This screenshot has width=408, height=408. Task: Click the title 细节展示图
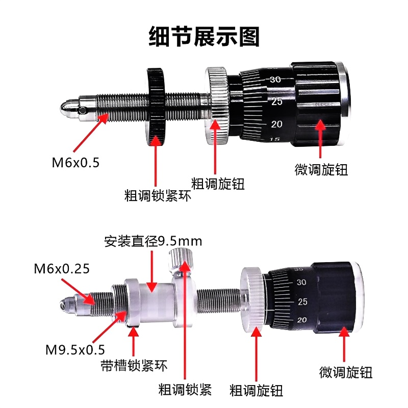[204, 37]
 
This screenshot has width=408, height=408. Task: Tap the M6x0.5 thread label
[75, 163]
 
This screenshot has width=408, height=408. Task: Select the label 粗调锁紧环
[158, 196]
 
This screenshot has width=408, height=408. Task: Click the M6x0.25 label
[62, 269]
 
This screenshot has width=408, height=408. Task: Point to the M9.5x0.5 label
[75, 350]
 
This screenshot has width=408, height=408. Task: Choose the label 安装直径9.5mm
[153, 241]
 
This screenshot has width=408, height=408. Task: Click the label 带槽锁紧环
[134, 365]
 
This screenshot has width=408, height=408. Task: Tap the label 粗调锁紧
[185, 390]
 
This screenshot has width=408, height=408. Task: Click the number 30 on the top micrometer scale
[275, 79]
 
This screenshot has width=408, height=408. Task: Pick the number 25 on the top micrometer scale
[277, 101]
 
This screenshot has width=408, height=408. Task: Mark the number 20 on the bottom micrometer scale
[302, 320]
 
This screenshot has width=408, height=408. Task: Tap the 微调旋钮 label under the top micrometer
[321, 170]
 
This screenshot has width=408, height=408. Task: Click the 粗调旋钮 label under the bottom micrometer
[256, 391]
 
